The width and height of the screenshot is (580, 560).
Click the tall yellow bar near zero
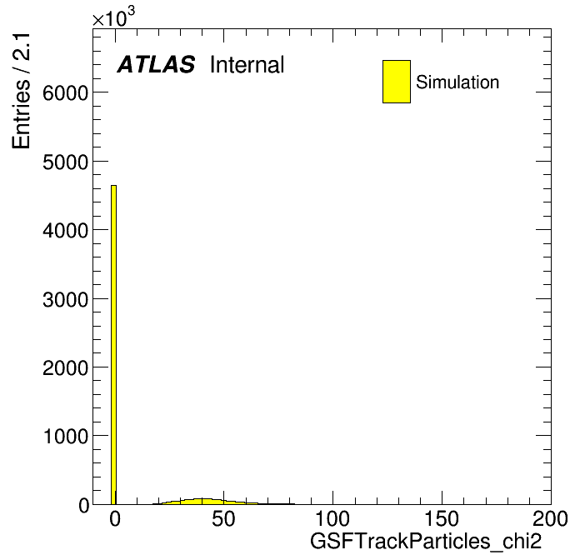click(x=113, y=344)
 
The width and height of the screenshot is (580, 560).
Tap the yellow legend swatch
click(x=397, y=82)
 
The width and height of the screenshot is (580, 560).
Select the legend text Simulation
click(x=457, y=82)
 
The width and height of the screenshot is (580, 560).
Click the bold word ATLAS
click(x=156, y=64)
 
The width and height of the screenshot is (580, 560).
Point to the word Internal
click(x=247, y=65)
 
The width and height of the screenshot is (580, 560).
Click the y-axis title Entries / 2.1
click(x=21, y=91)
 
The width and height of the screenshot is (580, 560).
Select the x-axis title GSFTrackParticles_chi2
click(x=426, y=541)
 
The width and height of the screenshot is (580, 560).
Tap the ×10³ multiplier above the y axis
click(x=113, y=17)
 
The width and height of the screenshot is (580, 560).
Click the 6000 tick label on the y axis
click(x=66, y=92)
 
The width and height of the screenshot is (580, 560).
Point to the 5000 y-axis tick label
click(x=66, y=162)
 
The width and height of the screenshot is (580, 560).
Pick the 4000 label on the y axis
click(x=66, y=231)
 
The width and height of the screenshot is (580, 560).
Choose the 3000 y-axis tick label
click(x=66, y=299)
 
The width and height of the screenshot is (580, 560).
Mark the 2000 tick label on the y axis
click(x=66, y=367)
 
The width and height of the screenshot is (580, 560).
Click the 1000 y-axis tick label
click(x=66, y=436)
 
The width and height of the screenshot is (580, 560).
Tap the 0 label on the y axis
click(x=83, y=505)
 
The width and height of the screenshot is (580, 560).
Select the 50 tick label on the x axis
click(x=223, y=518)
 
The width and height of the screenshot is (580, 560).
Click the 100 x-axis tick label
click(x=332, y=518)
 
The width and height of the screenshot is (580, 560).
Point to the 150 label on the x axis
click(x=442, y=518)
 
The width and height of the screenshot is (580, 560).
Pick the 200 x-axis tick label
click(x=550, y=518)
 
